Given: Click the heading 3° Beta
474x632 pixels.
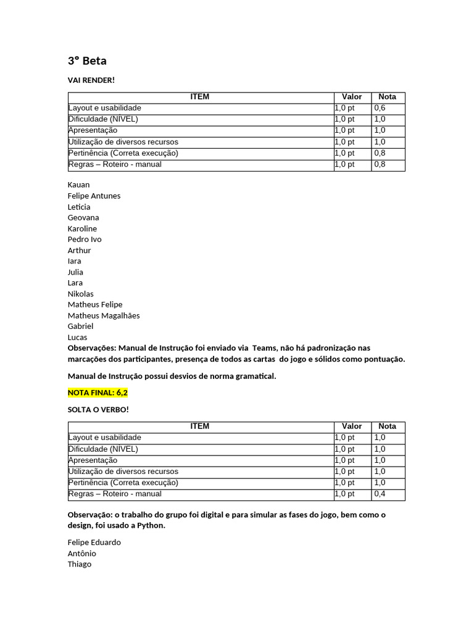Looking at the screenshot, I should pyautogui.click(x=87, y=61).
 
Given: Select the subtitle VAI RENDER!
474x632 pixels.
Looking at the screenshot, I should pyautogui.click(x=91, y=80).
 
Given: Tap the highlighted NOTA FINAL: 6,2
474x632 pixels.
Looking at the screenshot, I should pyautogui.click(x=98, y=393).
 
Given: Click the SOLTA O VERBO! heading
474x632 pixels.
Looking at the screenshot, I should pyautogui.click(x=98, y=410).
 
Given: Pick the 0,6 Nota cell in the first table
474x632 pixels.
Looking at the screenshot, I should pyautogui.click(x=380, y=108).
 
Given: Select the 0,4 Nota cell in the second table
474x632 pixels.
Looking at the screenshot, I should pyautogui.click(x=380, y=494).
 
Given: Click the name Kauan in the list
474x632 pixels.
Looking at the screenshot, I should pyautogui.click(x=78, y=185).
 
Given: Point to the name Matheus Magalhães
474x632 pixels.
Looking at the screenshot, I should pyautogui.click(x=104, y=315).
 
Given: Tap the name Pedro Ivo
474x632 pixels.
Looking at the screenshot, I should pyautogui.click(x=85, y=239).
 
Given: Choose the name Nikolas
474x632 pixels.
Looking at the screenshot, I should pyautogui.click(x=81, y=294).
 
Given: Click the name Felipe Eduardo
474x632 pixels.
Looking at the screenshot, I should pyautogui.click(x=94, y=543).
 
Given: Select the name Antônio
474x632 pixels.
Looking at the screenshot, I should pyautogui.click(x=82, y=554).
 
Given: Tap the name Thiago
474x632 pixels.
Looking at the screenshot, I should pyautogui.click(x=80, y=564).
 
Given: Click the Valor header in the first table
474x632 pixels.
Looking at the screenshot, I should pyautogui.click(x=352, y=97).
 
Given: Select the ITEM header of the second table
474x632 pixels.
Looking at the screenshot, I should pyautogui.click(x=200, y=426).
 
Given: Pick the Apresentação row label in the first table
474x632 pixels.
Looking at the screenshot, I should pyautogui.click(x=93, y=131).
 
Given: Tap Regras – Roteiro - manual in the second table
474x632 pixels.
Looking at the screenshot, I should pyautogui.click(x=115, y=494).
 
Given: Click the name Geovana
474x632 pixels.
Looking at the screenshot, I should pyautogui.click(x=83, y=217).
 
